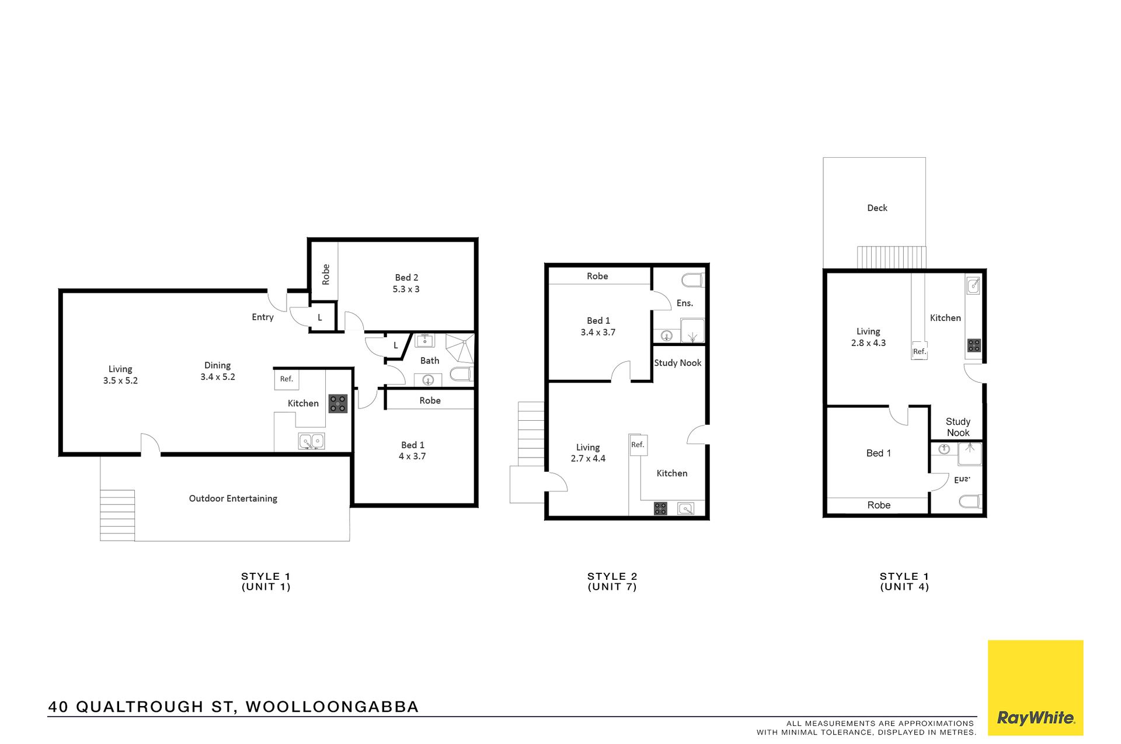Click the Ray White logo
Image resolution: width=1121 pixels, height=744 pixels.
coord(1035,687)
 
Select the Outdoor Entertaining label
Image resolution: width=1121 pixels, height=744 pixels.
coord(233,499)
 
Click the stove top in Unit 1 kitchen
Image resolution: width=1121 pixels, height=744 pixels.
coord(338,404)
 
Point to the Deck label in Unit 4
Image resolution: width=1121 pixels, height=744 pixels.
coord(877,208)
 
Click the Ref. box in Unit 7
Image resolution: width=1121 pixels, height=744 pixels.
coord(638,445)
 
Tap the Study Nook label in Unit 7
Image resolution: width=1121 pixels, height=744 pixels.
coord(677,363)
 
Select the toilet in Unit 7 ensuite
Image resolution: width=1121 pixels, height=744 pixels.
coord(693,280)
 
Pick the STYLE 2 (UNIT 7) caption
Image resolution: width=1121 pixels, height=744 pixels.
coord(612,582)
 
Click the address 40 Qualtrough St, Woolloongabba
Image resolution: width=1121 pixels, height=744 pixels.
coord(234,707)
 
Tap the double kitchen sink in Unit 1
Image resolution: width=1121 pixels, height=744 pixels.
coord(312,441)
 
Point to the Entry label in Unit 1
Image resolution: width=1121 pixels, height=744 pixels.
coord(263,317)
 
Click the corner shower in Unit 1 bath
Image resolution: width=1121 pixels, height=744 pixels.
coord(460,348)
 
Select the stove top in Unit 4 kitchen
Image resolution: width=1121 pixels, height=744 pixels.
coord(974,345)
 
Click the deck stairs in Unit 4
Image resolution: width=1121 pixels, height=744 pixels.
coord(892,257)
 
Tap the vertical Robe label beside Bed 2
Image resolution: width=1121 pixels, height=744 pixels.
coord(326,275)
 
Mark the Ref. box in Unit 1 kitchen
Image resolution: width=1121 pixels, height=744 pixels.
coord(287,379)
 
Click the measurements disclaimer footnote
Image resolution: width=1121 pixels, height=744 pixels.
coord(866,728)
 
